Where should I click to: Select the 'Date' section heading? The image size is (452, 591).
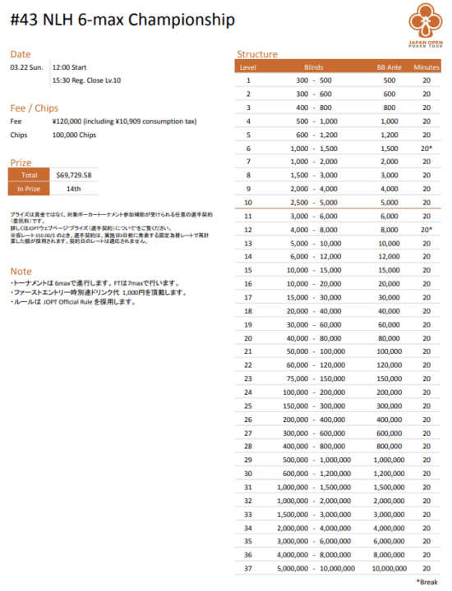(x=21, y=54)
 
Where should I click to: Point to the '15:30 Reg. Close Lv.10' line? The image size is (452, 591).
(x=86, y=80)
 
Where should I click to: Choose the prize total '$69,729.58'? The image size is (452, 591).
(x=74, y=175)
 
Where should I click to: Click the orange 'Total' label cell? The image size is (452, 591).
(x=29, y=175)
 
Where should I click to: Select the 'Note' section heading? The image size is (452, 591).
(x=21, y=271)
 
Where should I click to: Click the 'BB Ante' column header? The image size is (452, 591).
(x=390, y=66)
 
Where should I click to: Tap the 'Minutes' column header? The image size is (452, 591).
(x=427, y=66)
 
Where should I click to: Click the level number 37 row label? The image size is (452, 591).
(x=247, y=567)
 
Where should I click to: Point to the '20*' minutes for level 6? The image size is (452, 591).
(x=427, y=148)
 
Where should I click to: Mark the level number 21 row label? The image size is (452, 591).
(x=247, y=350)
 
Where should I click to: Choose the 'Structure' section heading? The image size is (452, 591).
(x=257, y=54)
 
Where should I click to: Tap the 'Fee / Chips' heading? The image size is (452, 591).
(x=35, y=108)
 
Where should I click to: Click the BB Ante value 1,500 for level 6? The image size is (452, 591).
(x=390, y=148)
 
